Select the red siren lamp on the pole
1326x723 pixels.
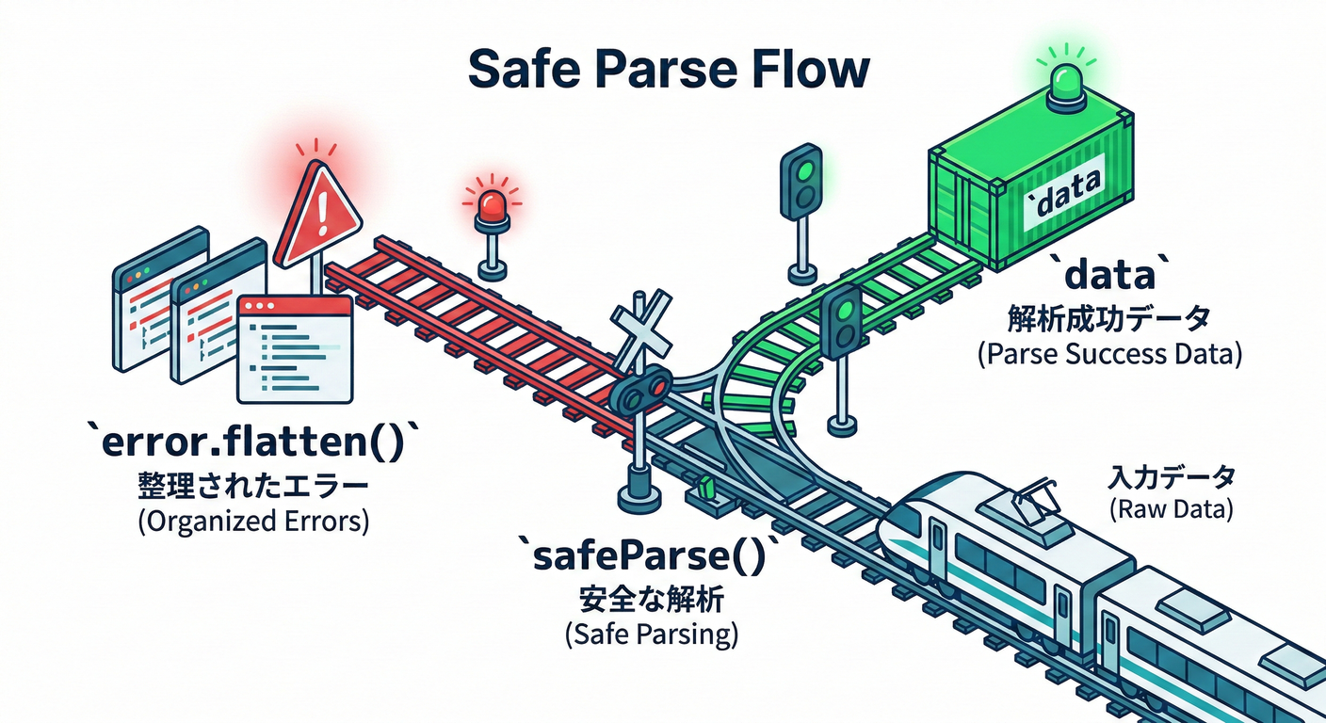pyautogui.click(x=492, y=204)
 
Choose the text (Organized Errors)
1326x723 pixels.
pyautogui.click(x=252, y=522)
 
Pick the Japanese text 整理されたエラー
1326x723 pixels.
pyautogui.click(x=252, y=487)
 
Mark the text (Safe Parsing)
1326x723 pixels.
pyautogui.click(x=652, y=634)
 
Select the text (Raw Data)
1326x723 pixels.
pyautogui.click(x=1171, y=510)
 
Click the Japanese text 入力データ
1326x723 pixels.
pyautogui.click(x=1171, y=478)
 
